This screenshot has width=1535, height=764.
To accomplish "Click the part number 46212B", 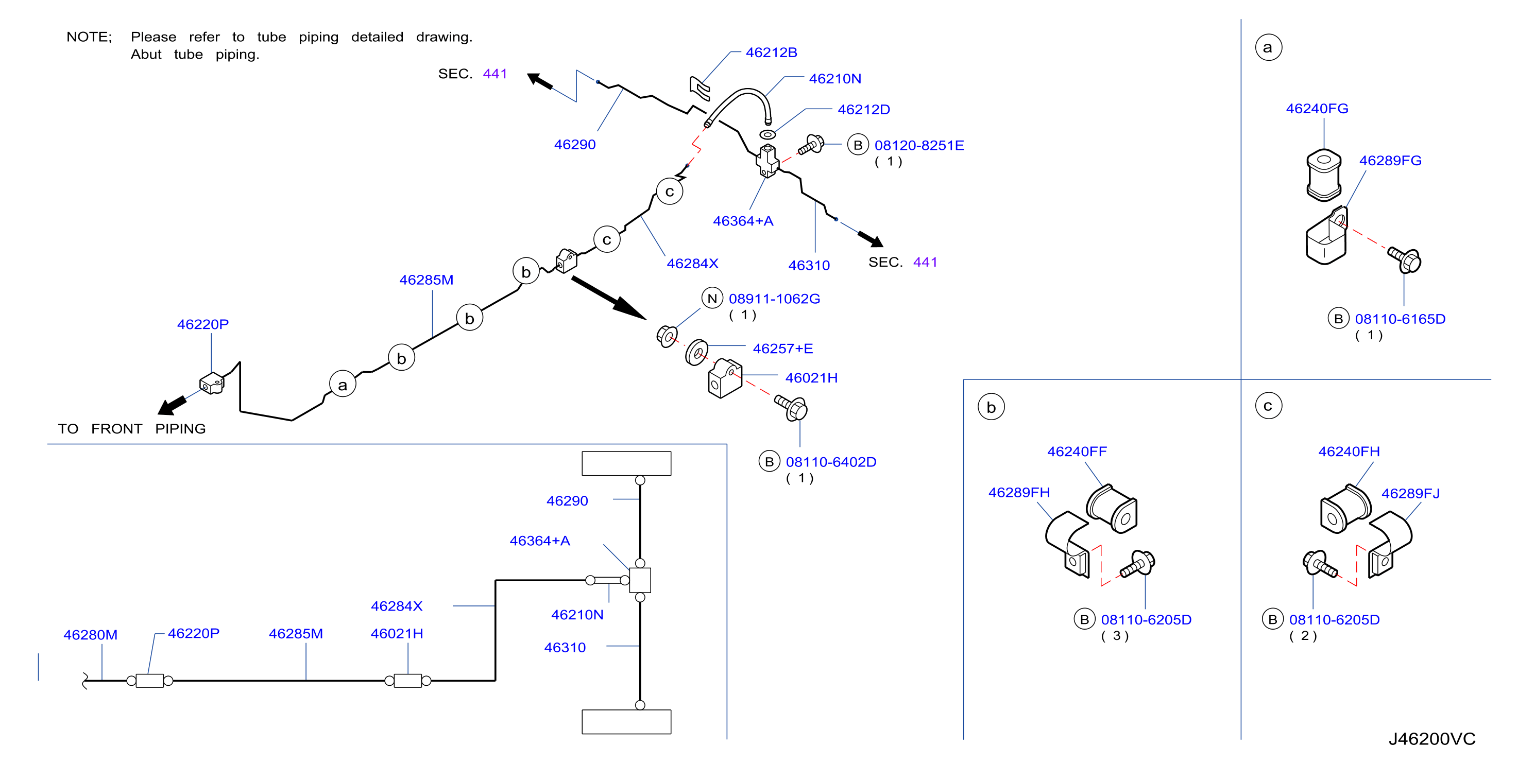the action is point(771,53).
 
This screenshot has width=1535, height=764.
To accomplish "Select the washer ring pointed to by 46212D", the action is point(767,134).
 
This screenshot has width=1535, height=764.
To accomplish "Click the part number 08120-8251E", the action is point(919,145).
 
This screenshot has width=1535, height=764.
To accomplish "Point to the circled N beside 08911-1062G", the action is point(712,298).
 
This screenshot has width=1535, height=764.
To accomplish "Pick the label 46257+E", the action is point(782,349).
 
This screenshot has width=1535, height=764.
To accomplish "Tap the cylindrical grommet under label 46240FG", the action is point(1323,175).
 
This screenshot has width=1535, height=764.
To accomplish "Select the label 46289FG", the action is point(1390,160).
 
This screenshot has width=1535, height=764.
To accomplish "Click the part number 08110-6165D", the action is point(1400,319).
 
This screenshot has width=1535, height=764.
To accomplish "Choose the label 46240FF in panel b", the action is point(1077,452).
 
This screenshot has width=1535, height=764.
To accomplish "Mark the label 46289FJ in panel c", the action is point(1410,493).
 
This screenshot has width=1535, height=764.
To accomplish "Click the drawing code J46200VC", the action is point(1431,738).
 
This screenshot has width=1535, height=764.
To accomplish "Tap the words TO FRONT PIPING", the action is point(132,429).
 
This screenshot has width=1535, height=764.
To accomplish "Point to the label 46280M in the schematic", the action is point(91,635).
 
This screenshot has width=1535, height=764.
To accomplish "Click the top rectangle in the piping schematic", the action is point(626,463).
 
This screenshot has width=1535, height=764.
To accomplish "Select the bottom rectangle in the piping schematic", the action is point(626,722).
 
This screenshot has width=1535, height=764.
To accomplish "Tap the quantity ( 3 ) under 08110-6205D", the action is point(1114,635).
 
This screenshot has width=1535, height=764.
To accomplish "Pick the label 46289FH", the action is point(1019,493).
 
